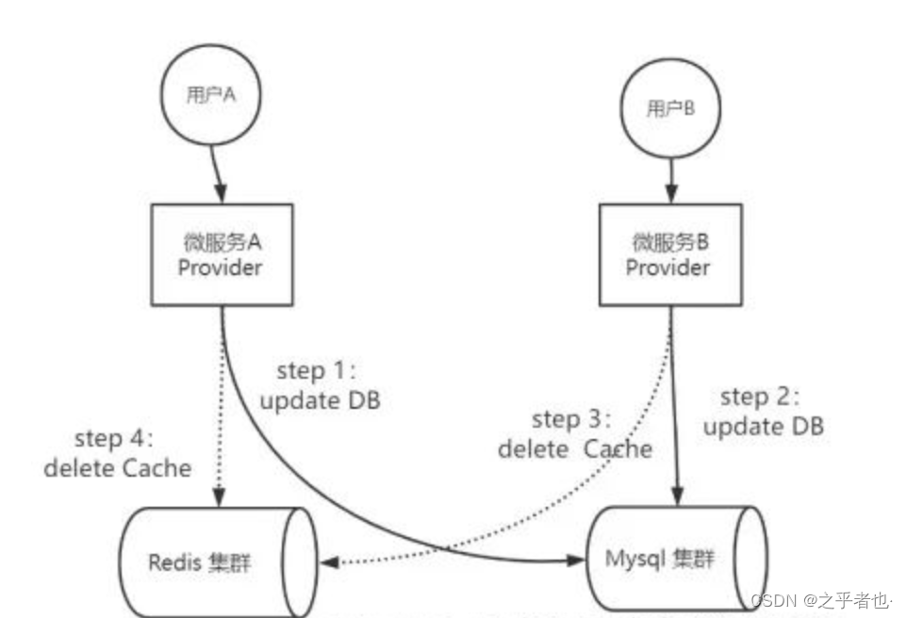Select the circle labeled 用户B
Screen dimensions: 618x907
coord(668,109)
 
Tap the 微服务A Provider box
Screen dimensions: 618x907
coord(221,255)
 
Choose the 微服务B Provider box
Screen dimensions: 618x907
coord(668,255)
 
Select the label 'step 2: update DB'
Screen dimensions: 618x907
coord(763,412)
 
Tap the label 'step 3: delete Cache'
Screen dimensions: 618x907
coord(574,434)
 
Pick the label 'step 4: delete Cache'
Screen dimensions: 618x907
coord(118,453)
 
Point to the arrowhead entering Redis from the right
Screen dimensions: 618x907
coord(329,562)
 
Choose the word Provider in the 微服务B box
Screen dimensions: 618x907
coord(668,268)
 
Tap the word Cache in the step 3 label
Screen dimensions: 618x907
coord(618,448)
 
